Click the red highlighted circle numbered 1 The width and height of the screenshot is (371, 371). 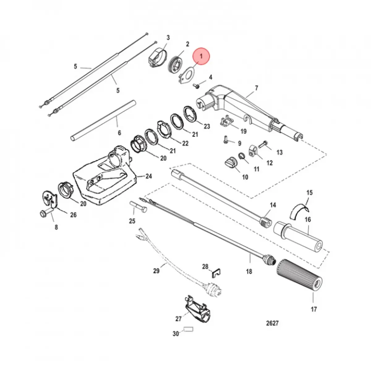tap(201, 56)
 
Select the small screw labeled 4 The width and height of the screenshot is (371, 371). tap(197, 86)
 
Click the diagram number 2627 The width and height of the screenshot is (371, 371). tap(272, 323)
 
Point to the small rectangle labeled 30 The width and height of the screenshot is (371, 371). tap(188, 329)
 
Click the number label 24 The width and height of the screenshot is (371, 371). tap(149, 176)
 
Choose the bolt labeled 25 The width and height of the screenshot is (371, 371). tap(139, 207)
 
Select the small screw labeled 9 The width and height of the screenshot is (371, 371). tap(226, 139)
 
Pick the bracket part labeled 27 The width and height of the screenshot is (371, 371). tap(198, 311)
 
